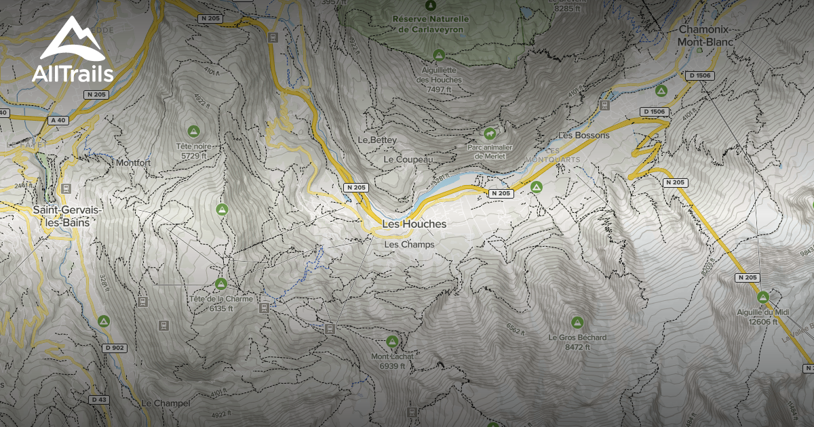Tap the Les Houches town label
(414, 224)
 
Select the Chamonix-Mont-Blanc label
(706, 36)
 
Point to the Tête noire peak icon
(193, 131)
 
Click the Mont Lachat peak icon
(391, 342)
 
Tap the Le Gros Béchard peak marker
(577, 322)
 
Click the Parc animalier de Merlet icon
(490, 132)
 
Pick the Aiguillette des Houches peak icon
(439, 55)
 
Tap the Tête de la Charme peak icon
(220, 283)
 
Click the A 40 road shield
(58, 120)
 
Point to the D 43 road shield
(98, 400)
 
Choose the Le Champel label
(166, 403)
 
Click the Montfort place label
(133, 163)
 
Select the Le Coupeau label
(408, 159)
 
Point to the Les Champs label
(408, 245)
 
